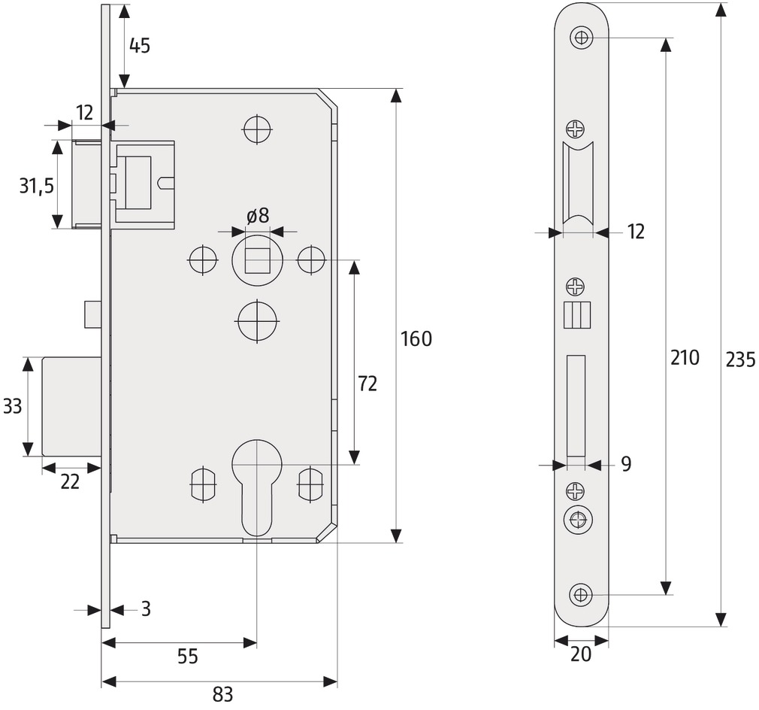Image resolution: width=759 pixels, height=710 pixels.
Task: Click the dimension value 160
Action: click(x=416, y=339)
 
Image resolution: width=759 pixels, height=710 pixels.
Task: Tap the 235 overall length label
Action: click(x=741, y=360)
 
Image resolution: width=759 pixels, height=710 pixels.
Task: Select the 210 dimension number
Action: click(x=685, y=357)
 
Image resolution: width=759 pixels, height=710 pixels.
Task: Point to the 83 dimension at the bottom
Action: click(x=222, y=694)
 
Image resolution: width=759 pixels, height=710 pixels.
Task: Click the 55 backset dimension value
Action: click(x=188, y=657)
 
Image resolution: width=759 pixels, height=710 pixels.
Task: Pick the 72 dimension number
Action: click(x=367, y=384)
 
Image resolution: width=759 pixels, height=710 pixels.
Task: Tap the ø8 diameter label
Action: click(x=258, y=216)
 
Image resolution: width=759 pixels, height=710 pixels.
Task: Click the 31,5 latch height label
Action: click(x=37, y=186)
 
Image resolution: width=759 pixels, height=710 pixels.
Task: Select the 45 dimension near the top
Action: click(x=140, y=46)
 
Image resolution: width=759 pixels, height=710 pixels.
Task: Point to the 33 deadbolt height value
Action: click(x=12, y=406)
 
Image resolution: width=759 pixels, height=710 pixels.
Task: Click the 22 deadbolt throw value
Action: click(x=70, y=482)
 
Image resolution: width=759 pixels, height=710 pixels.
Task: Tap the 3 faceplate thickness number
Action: click(x=147, y=608)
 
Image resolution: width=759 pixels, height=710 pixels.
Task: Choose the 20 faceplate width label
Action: click(x=581, y=654)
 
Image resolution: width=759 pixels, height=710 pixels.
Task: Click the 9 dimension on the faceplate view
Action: click(x=626, y=464)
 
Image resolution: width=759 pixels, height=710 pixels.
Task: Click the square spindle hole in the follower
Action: click(x=258, y=260)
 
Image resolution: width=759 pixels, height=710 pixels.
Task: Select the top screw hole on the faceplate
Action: click(x=582, y=37)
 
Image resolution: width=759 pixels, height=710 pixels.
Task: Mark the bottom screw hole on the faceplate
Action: click(x=582, y=594)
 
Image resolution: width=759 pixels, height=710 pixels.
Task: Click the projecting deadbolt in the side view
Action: click(x=71, y=407)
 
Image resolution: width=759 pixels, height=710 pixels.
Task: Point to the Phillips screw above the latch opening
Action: click(x=576, y=129)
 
